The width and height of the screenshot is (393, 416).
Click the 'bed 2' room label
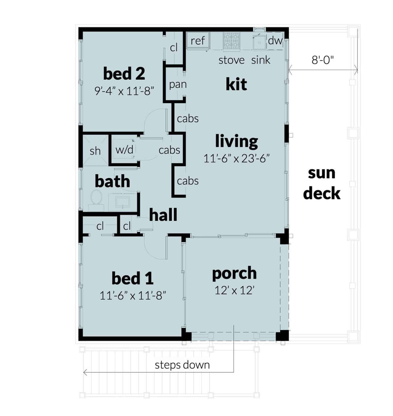pos(124,74)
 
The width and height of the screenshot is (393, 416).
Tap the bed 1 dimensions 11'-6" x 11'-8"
pos(133,296)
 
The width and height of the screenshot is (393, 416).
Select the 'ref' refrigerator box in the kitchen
pos(197,41)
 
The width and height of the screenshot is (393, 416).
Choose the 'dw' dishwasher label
pos(275,41)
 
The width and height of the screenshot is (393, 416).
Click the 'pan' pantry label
pos(178,85)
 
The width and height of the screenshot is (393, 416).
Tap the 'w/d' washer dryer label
pos(124,150)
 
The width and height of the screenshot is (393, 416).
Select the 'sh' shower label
pos(95,151)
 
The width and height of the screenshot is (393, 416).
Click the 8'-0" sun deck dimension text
pos(323,60)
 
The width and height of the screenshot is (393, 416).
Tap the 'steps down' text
pos(182,365)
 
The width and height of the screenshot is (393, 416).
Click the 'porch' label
pos(234,273)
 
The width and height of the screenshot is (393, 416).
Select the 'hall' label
pos(163,215)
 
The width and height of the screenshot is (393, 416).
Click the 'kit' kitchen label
pos(236,84)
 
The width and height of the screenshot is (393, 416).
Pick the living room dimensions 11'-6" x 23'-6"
pos(236,159)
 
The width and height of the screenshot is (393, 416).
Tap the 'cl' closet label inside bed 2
pos(174,48)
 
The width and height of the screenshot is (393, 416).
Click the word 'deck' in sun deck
pos(322,193)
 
